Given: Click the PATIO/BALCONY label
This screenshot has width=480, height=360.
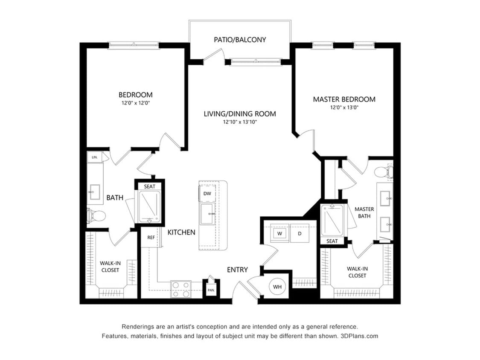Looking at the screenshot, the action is [240, 40].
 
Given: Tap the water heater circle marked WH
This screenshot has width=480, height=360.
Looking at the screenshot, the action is [277, 287].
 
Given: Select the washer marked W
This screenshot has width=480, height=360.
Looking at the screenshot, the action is [279, 233].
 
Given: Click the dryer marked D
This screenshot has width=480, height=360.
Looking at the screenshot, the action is [300, 233].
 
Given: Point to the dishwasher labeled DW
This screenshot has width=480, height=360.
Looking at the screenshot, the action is [207, 194].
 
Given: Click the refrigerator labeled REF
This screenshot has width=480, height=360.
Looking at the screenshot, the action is [151, 237].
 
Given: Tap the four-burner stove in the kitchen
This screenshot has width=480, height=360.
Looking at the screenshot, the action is [180, 289].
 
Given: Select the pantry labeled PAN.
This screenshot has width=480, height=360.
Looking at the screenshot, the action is [211, 290].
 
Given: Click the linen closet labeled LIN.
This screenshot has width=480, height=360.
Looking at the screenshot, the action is [95, 157].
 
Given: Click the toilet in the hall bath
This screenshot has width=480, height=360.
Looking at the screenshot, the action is [96, 215].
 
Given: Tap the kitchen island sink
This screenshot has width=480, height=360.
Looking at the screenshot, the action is [208, 214].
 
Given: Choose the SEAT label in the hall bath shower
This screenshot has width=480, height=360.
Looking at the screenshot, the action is [150, 186].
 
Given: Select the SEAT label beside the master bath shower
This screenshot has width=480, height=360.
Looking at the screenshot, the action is [332, 241].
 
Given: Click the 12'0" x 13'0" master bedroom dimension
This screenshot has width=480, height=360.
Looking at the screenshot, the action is [344, 107].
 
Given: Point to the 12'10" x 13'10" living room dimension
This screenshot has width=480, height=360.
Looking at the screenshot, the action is [240, 122].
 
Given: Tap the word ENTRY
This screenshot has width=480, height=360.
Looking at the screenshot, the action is [237, 270].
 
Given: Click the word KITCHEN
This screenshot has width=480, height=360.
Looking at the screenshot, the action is [181, 232].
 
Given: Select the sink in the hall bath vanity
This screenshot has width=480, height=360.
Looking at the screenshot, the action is [94, 192].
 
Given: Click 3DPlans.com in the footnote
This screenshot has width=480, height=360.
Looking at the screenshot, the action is [359, 336].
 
